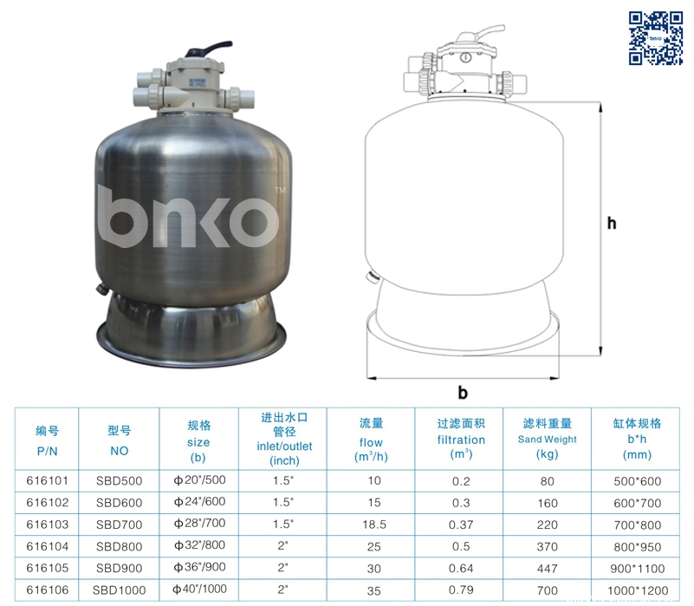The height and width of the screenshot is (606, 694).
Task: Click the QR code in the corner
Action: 656,38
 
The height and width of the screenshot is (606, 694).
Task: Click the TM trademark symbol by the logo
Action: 280,191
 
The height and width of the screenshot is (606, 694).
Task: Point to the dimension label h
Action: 612,223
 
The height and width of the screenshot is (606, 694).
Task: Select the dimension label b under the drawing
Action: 463,392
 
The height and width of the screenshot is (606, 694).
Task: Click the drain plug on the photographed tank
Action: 101,289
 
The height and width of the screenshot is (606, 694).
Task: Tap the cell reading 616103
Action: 48,525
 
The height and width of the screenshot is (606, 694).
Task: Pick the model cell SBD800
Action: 119,547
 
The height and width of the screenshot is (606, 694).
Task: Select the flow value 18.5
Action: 374,525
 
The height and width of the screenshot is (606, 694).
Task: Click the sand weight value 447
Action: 547,569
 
